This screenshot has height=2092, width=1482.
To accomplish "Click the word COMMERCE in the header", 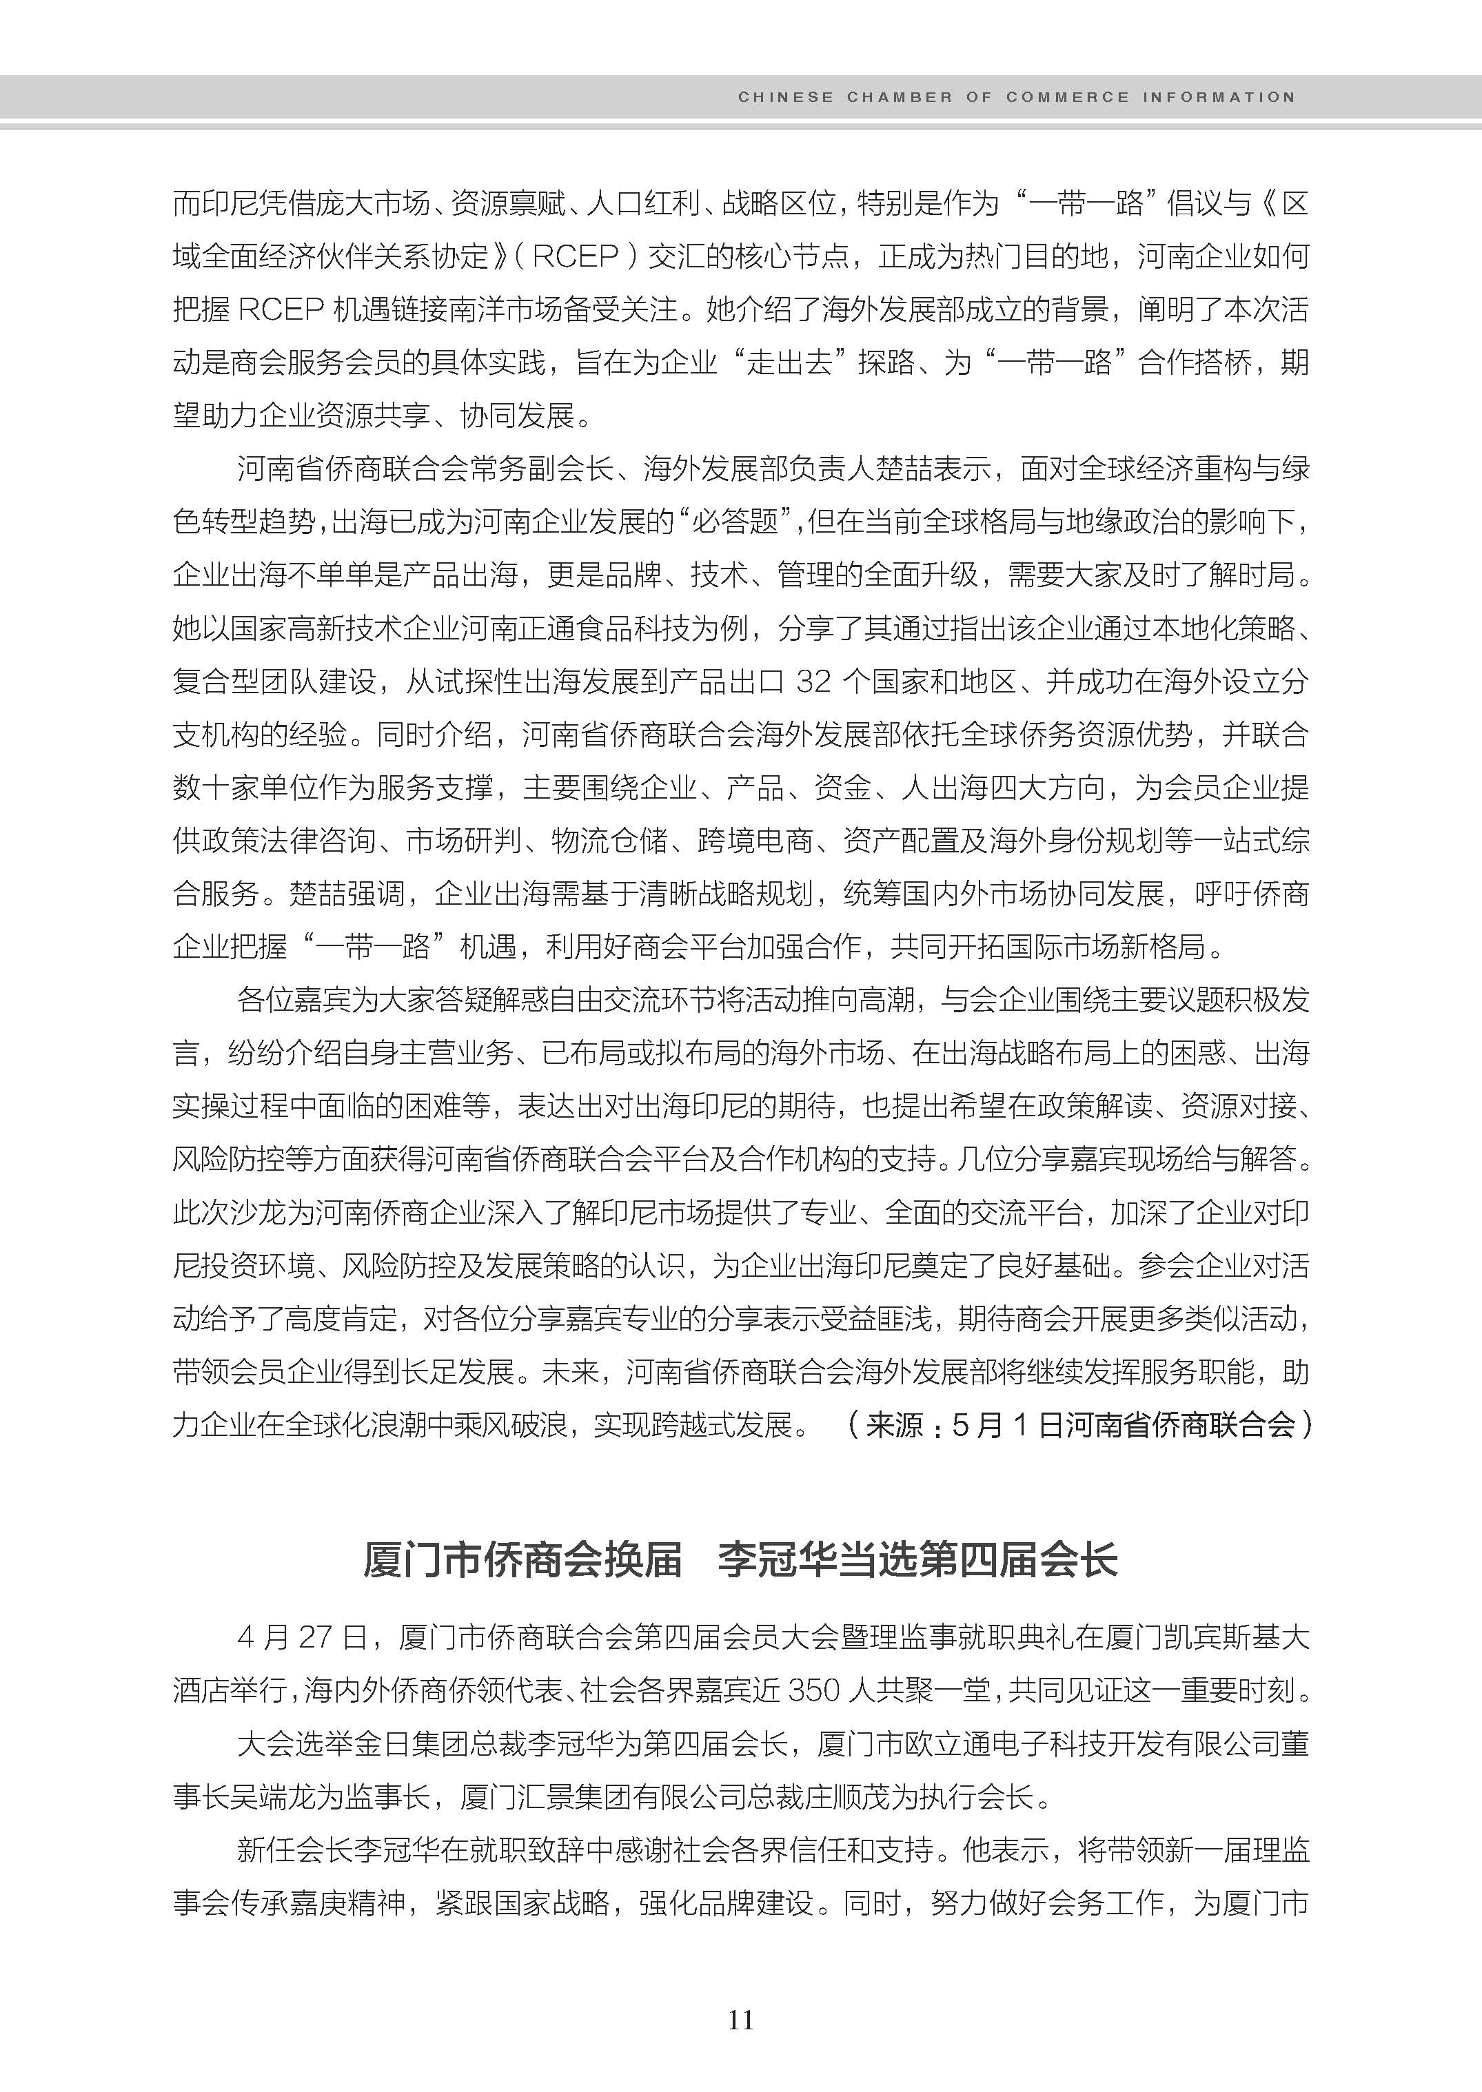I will pyautogui.click(x=1068, y=96).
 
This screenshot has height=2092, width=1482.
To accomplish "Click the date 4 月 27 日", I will pyautogui.click(x=301, y=1638).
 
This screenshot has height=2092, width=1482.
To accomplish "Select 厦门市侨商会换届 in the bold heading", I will pyautogui.click(x=522, y=1561).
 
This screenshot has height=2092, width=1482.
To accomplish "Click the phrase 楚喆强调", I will pyautogui.click(x=347, y=893).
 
